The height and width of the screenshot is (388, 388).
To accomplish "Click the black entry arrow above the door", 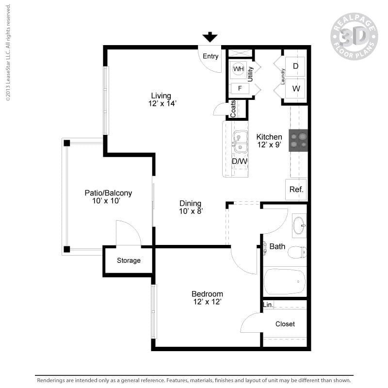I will click(x=210, y=37).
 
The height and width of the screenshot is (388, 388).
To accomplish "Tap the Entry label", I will click(x=210, y=56).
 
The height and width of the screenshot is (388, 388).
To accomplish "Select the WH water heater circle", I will click(x=238, y=69).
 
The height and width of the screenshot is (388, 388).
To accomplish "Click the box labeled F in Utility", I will click(x=240, y=88).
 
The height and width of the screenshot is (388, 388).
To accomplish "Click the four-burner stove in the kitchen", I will click(x=298, y=140).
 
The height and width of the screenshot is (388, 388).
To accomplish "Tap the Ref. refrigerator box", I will click(x=296, y=190).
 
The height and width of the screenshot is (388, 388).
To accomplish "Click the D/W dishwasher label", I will click(x=240, y=161).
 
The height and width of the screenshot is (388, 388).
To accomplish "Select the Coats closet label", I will click(x=233, y=109).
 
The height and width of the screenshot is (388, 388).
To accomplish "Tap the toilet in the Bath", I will click(x=297, y=252).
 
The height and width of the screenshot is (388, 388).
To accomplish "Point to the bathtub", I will click(x=285, y=281).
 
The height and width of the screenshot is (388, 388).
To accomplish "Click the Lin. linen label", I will click(x=268, y=305).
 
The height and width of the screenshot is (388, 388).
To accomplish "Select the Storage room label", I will click(x=129, y=260).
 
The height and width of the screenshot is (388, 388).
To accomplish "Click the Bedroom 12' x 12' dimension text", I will click(x=207, y=302).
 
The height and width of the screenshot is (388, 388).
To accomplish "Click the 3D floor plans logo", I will click(x=354, y=36).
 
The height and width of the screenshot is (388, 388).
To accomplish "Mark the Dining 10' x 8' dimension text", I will click(x=190, y=211).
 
